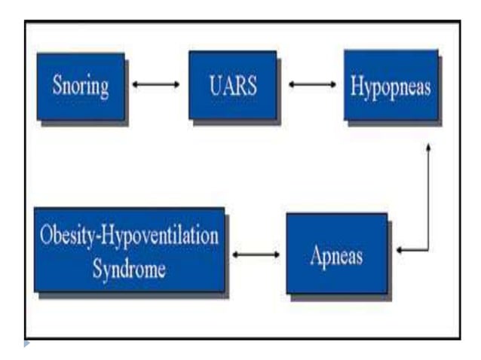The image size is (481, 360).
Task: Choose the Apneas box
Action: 336,255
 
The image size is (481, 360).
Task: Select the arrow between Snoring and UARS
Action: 156,84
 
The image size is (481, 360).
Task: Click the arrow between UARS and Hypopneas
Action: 312,84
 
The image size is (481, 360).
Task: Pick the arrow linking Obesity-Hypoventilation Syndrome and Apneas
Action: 256,255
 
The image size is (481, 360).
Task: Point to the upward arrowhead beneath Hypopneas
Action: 428,148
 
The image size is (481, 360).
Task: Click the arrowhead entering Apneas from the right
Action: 400,250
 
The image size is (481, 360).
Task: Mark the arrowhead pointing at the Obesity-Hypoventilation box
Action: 235,255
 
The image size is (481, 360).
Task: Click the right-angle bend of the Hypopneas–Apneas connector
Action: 428,250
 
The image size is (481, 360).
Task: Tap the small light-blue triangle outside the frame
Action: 27,344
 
